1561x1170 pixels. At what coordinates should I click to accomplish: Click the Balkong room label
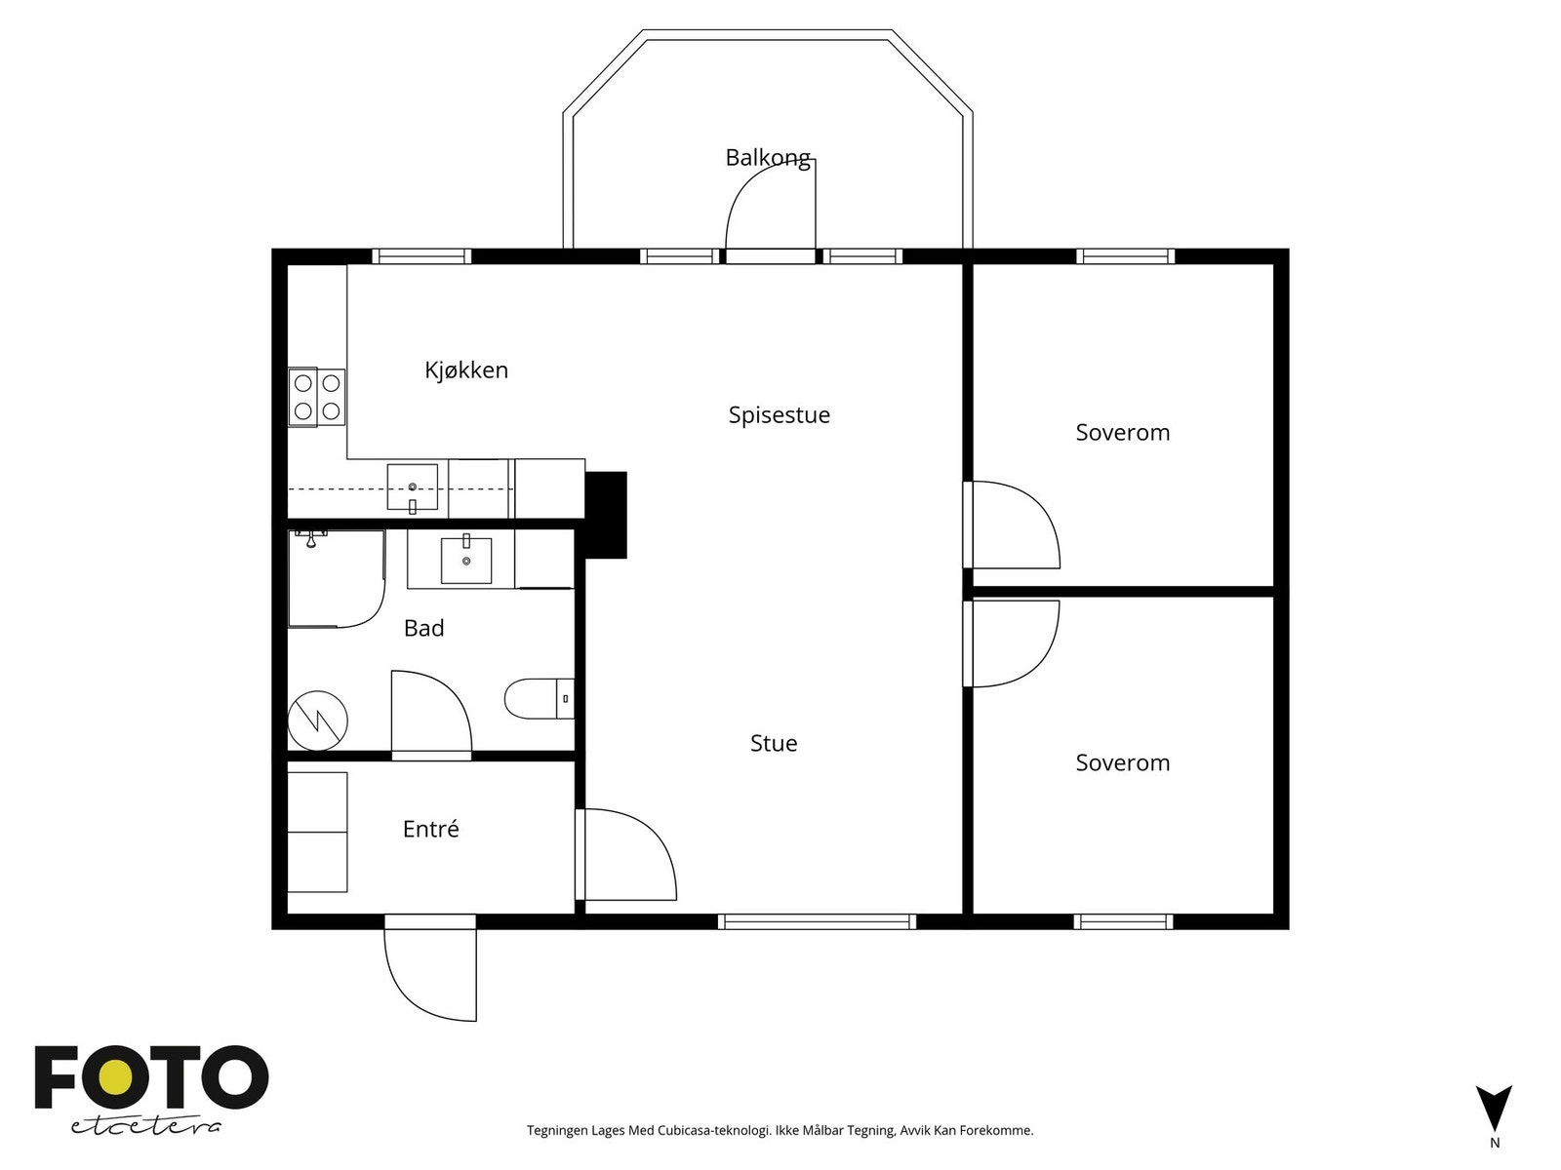[x=768, y=158]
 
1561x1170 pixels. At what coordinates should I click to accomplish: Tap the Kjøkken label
[x=465, y=370]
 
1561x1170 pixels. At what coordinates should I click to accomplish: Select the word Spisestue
[x=779, y=415]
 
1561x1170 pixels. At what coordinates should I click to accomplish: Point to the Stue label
[x=774, y=743]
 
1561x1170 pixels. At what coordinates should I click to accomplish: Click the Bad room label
[x=423, y=628]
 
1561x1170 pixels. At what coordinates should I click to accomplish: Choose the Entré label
[x=430, y=829]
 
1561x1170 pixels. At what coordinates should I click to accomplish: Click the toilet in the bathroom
[x=540, y=699]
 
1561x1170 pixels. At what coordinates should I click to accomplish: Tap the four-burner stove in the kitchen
[x=316, y=397]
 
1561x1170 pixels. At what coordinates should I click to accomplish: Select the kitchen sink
[x=413, y=487]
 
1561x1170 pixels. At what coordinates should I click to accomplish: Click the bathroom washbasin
[x=466, y=559]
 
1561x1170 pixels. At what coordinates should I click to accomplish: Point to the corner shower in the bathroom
[x=337, y=579]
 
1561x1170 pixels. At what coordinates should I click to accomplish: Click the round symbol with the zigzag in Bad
[x=318, y=721]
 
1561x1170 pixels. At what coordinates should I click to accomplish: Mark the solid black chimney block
[x=605, y=515]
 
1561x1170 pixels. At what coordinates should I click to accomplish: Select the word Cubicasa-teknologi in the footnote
[x=714, y=1130]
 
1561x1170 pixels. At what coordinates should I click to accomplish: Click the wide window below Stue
[x=817, y=921]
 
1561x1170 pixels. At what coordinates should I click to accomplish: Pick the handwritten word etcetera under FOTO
[x=145, y=1127]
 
